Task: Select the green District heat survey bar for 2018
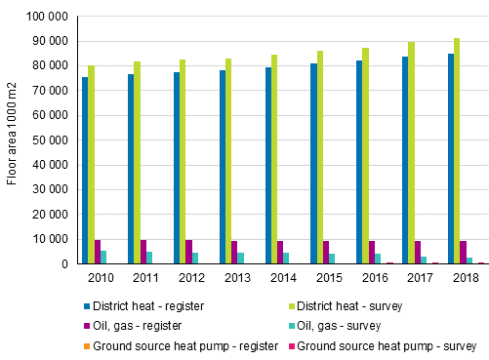point(457,151)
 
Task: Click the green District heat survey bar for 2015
point(319,157)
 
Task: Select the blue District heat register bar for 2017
point(404,160)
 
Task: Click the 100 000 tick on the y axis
point(47,19)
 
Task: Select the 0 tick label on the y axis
point(63,263)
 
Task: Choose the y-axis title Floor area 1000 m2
point(12,140)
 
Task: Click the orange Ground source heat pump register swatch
point(86,345)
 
